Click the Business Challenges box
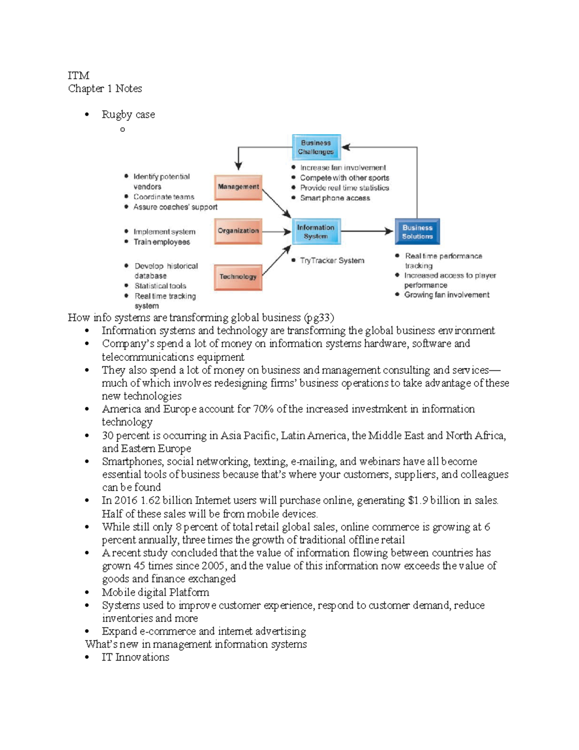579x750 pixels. [316, 147]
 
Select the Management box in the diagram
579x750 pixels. [238, 187]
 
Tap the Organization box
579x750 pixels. [238, 231]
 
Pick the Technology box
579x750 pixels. [238, 277]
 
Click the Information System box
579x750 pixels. [316, 232]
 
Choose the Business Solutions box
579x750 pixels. [417, 232]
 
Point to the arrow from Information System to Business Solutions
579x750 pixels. [367, 231]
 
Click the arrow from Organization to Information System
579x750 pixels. [276, 232]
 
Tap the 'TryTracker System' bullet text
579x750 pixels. [332, 260]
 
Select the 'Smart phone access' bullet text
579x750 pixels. [335, 198]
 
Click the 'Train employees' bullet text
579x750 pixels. [162, 242]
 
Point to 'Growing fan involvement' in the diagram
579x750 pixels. [446, 295]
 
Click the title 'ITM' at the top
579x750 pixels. [78, 75]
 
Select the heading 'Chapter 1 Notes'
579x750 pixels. [105, 88]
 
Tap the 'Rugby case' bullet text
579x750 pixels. [128, 114]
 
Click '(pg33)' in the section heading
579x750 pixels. [319, 318]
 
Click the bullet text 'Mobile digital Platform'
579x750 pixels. [155, 592]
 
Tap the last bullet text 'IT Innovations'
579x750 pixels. [135, 657]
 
